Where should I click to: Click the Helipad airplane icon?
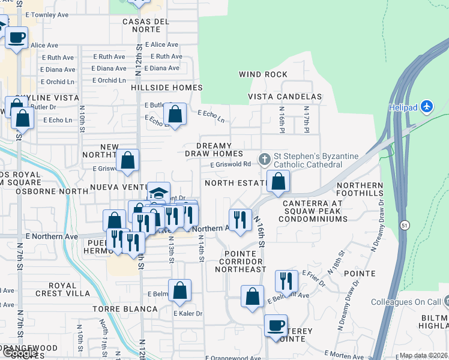click(427, 106)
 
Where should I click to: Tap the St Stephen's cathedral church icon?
click(264, 160)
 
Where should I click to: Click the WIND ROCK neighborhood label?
click(263, 74)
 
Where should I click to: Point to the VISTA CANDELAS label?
click(285, 97)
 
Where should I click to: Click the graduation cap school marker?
click(158, 193)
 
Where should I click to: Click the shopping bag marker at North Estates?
click(278, 181)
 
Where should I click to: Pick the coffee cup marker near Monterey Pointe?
click(276, 326)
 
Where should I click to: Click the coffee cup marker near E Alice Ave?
click(17, 37)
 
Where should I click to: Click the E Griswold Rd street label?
click(231, 164)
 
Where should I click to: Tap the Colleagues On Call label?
click(406, 302)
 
